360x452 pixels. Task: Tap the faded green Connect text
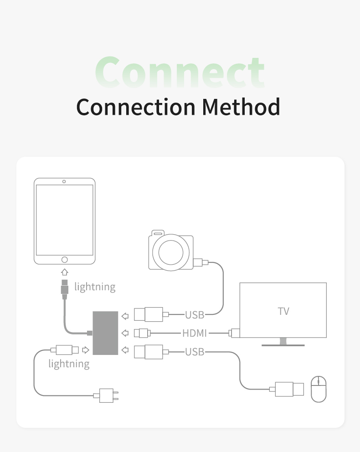[180, 72]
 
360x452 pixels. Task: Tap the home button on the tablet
[65, 259]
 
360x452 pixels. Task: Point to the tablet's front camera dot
[64, 181]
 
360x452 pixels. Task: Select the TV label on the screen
[283, 311]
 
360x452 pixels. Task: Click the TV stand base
[283, 344]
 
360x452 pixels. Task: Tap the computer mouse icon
[319, 389]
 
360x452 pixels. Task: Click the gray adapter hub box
[105, 333]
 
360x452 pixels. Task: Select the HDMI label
[195, 333]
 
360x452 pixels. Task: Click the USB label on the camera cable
[195, 314]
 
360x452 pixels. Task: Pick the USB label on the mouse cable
[195, 351]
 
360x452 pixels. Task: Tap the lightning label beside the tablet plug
[95, 287]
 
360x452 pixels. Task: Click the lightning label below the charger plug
[69, 364]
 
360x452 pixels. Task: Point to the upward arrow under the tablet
[65, 272]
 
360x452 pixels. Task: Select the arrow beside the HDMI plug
[125, 333]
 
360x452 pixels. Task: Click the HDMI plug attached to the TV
[235, 333]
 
